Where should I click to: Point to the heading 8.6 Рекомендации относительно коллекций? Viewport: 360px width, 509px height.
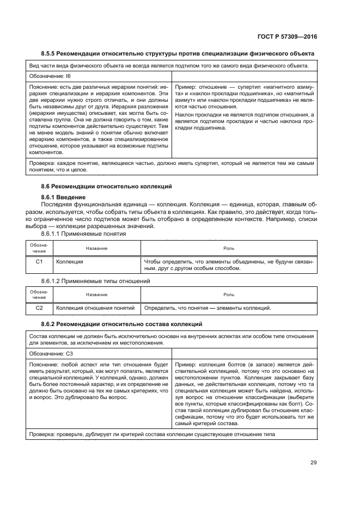click(106, 186)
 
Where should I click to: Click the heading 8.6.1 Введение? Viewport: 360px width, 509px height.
click(64, 196)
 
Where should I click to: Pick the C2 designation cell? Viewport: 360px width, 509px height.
click(39, 308)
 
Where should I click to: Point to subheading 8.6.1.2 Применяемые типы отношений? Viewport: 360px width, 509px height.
click(95, 281)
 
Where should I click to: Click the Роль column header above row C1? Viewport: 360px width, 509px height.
click(229, 248)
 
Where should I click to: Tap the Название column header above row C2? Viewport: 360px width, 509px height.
click(96, 295)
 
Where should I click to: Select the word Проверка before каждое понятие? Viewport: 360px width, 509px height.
click(42, 163)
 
